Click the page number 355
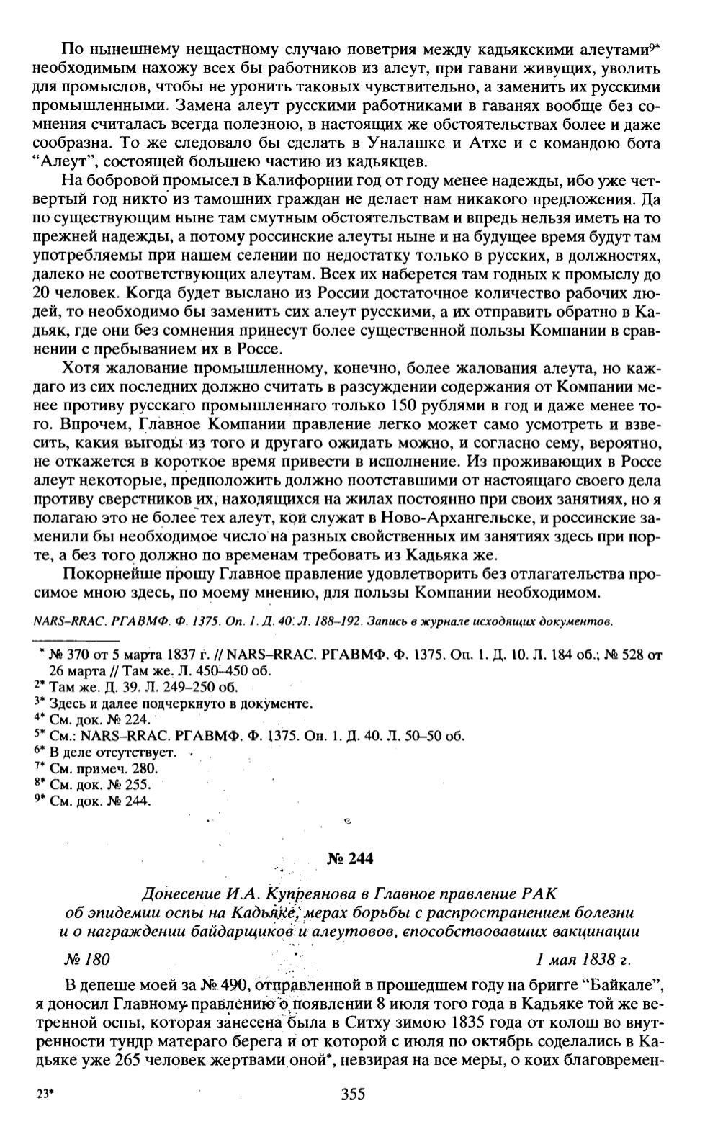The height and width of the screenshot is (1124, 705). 352,1094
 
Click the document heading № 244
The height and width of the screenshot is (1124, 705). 351,858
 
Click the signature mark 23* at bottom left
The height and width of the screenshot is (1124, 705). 45,1094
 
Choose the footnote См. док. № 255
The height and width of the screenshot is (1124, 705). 100,784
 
